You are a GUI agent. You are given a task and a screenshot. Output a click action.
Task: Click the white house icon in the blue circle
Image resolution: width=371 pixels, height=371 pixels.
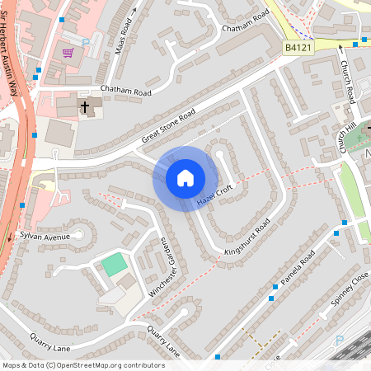click(185, 178)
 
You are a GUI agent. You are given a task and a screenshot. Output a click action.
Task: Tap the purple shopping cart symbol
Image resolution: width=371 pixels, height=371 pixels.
click(68, 53)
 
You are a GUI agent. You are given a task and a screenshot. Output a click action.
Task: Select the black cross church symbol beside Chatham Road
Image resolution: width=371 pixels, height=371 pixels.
click(84, 107)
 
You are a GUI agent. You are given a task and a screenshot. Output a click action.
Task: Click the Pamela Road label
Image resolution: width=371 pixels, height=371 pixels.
click(298, 271)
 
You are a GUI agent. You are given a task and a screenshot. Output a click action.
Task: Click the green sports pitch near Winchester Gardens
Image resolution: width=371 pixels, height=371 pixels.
click(114, 265)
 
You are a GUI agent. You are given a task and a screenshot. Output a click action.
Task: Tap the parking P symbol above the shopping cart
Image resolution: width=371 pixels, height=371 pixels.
click(85, 41)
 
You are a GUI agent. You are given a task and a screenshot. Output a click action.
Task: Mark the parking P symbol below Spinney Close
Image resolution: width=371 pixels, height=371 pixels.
click(338, 340)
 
